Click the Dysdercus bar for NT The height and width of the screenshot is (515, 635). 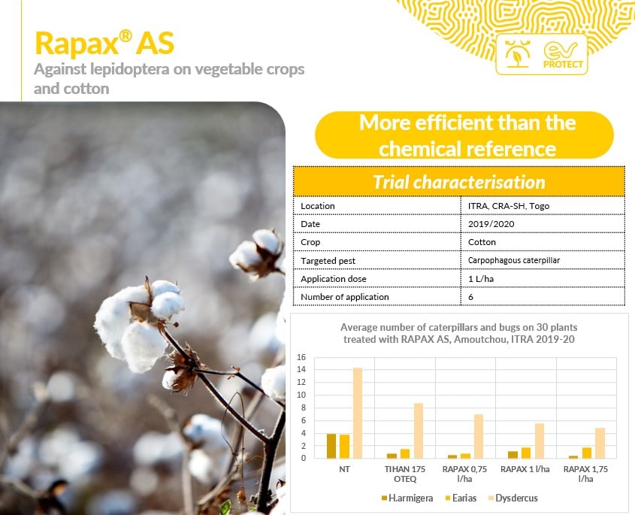point(358,413)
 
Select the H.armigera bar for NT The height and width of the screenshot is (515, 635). point(331,446)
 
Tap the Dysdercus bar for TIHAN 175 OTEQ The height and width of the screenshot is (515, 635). point(419,431)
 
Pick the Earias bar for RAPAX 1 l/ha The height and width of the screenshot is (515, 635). point(526,453)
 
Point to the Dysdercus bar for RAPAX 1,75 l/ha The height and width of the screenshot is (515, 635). point(600,444)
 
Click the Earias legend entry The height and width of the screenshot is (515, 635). point(461,498)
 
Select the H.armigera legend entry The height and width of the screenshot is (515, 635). point(407,498)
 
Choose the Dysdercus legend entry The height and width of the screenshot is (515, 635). point(513,498)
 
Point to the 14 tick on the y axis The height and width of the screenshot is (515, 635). point(301,370)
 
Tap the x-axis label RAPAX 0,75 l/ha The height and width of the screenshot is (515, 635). point(464,474)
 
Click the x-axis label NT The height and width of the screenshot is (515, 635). point(344,469)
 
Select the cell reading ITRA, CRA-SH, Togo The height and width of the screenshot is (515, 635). point(509,206)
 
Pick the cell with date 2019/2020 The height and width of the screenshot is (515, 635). point(491,224)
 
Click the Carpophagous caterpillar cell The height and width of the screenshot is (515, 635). point(514,260)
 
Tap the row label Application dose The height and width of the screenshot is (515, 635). point(334,279)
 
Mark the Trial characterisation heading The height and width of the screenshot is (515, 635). point(459,182)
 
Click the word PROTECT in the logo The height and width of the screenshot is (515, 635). point(563,65)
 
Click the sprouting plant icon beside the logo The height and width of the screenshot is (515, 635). point(517,53)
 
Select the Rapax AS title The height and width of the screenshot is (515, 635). point(104,43)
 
